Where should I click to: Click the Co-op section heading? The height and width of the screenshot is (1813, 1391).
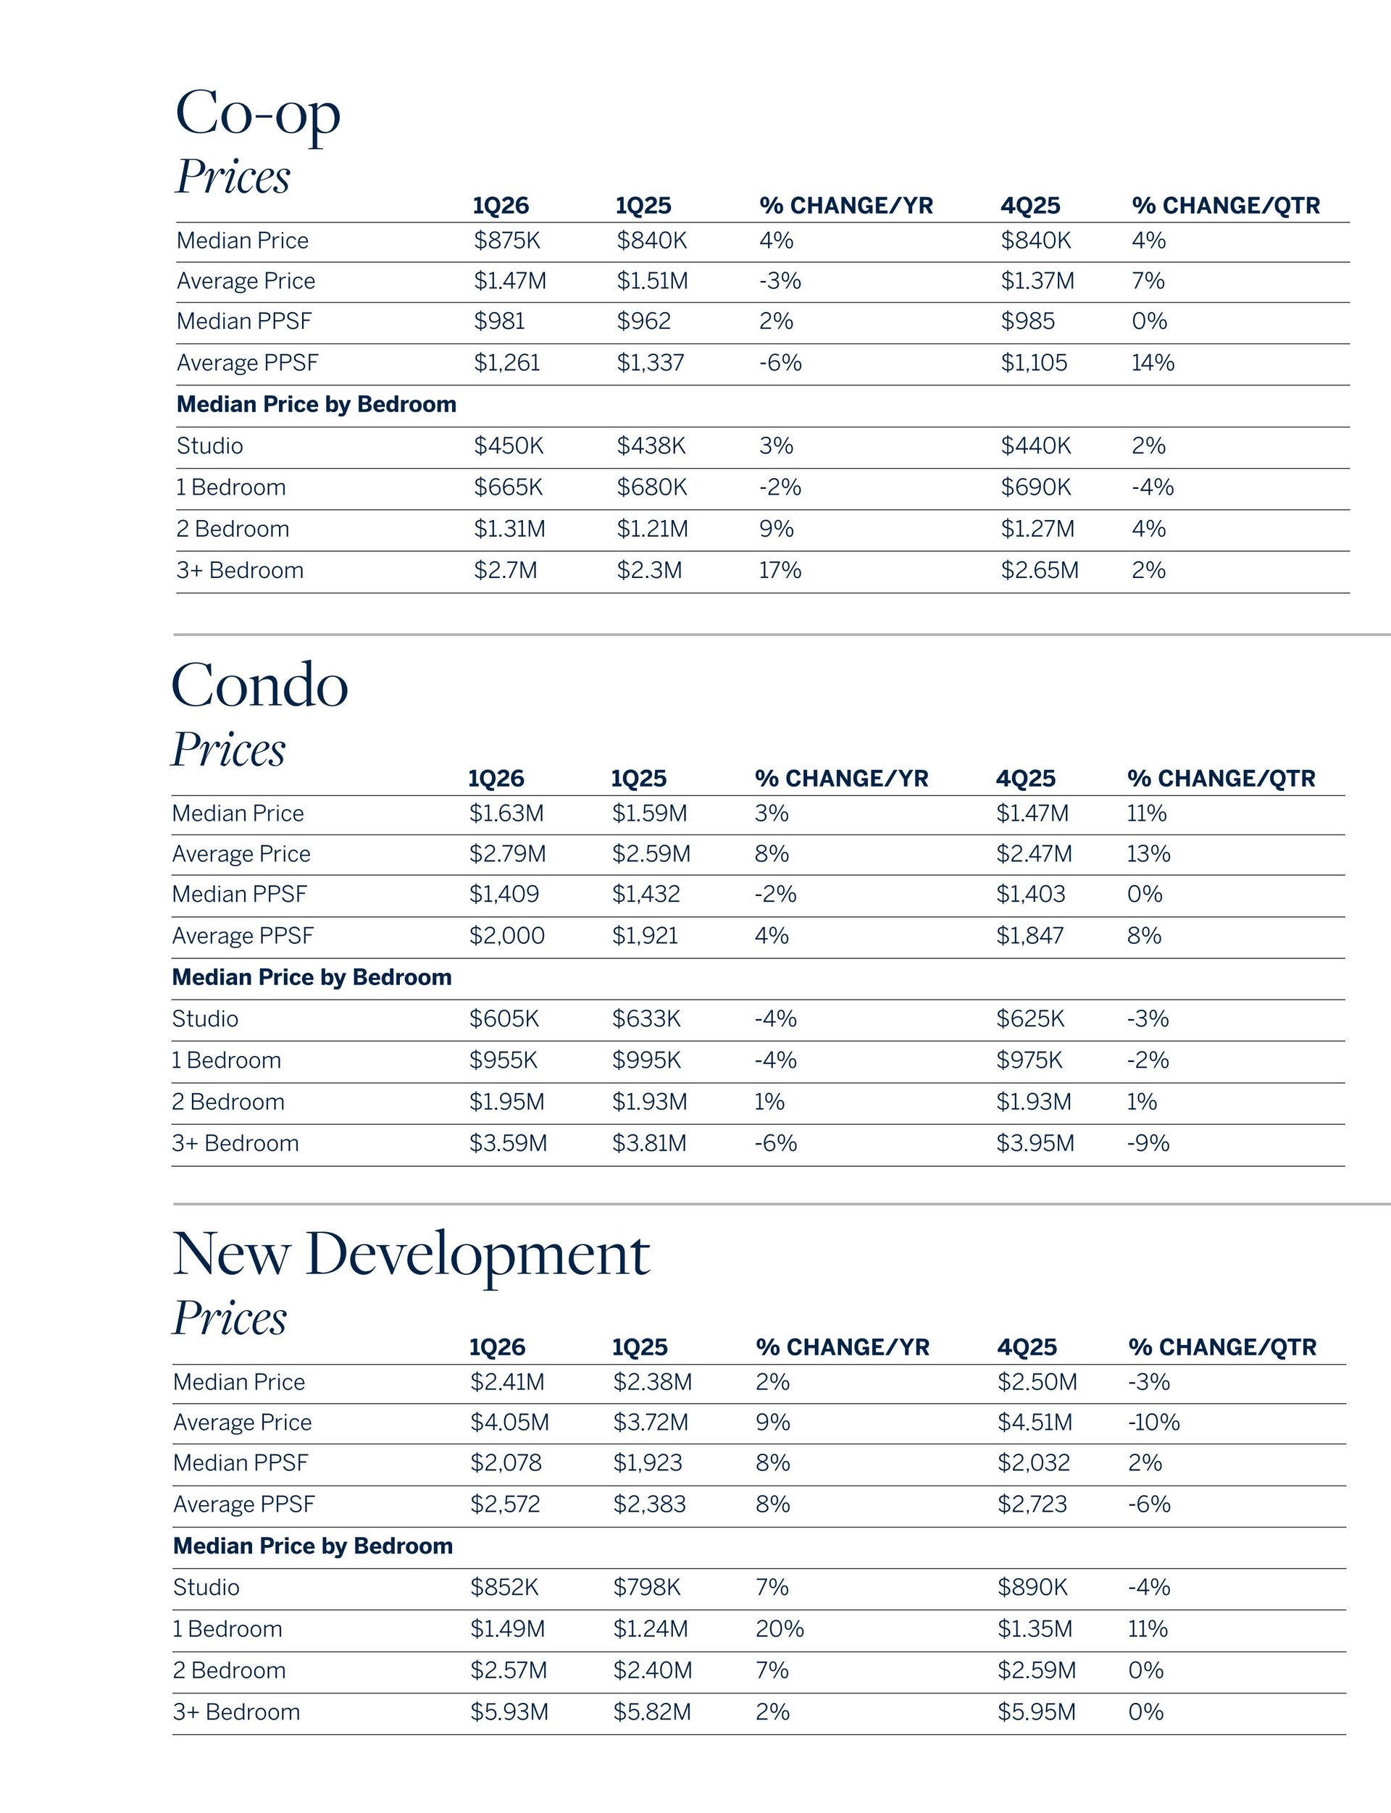click(x=257, y=114)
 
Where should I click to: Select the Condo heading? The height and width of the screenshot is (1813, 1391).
click(x=259, y=685)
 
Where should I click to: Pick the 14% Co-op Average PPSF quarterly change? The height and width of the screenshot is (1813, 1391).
click(x=1153, y=363)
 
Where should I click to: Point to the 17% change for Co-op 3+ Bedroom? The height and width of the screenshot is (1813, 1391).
click(x=780, y=570)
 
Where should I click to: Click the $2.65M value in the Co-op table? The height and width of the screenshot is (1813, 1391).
click(x=1039, y=570)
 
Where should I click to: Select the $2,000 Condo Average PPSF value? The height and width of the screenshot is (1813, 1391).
click(x=506, y=936)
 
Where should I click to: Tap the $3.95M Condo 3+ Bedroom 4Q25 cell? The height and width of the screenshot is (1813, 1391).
click(x=1035, y=1143)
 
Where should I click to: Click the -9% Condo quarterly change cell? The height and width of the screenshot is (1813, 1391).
click(x=1148, y=1143)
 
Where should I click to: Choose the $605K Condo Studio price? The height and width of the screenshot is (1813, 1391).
click(x=504, y=1019)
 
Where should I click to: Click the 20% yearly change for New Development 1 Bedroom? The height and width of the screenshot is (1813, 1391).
click(x=779, y=1629)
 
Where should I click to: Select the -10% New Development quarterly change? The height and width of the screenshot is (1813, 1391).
click(x=1153, y=1423)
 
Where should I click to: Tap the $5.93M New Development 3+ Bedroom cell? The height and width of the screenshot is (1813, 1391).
click(x=509, y=1712)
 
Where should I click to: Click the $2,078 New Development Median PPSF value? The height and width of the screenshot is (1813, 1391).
click(x=506, y=1463)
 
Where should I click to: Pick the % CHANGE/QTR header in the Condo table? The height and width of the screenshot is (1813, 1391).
click(x=1221, y=778)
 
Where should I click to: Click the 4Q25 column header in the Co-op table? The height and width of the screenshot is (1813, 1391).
click(x=1030, y=205)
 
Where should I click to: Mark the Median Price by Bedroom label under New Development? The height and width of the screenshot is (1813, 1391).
click(x=313, y=1546)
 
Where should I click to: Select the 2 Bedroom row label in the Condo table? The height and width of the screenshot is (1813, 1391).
click(x=228, y=1102)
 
